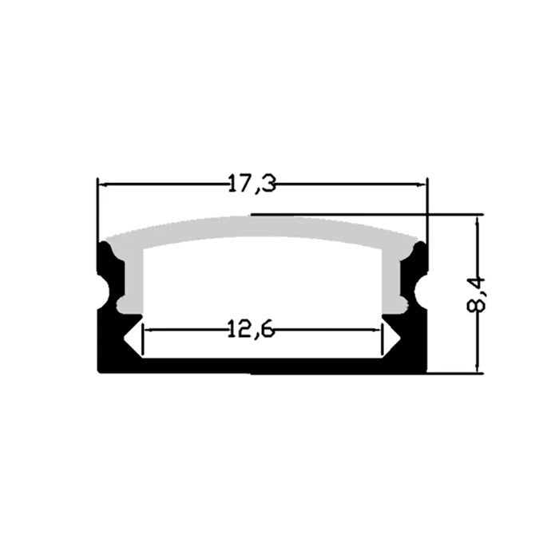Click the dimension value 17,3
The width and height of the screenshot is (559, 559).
[x=252, y=184]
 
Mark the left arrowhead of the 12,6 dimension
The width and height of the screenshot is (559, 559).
[x=145, y=328]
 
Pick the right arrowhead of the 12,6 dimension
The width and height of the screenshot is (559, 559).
[x=378, y=328]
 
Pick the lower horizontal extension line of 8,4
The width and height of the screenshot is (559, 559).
[x=455, y=373]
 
